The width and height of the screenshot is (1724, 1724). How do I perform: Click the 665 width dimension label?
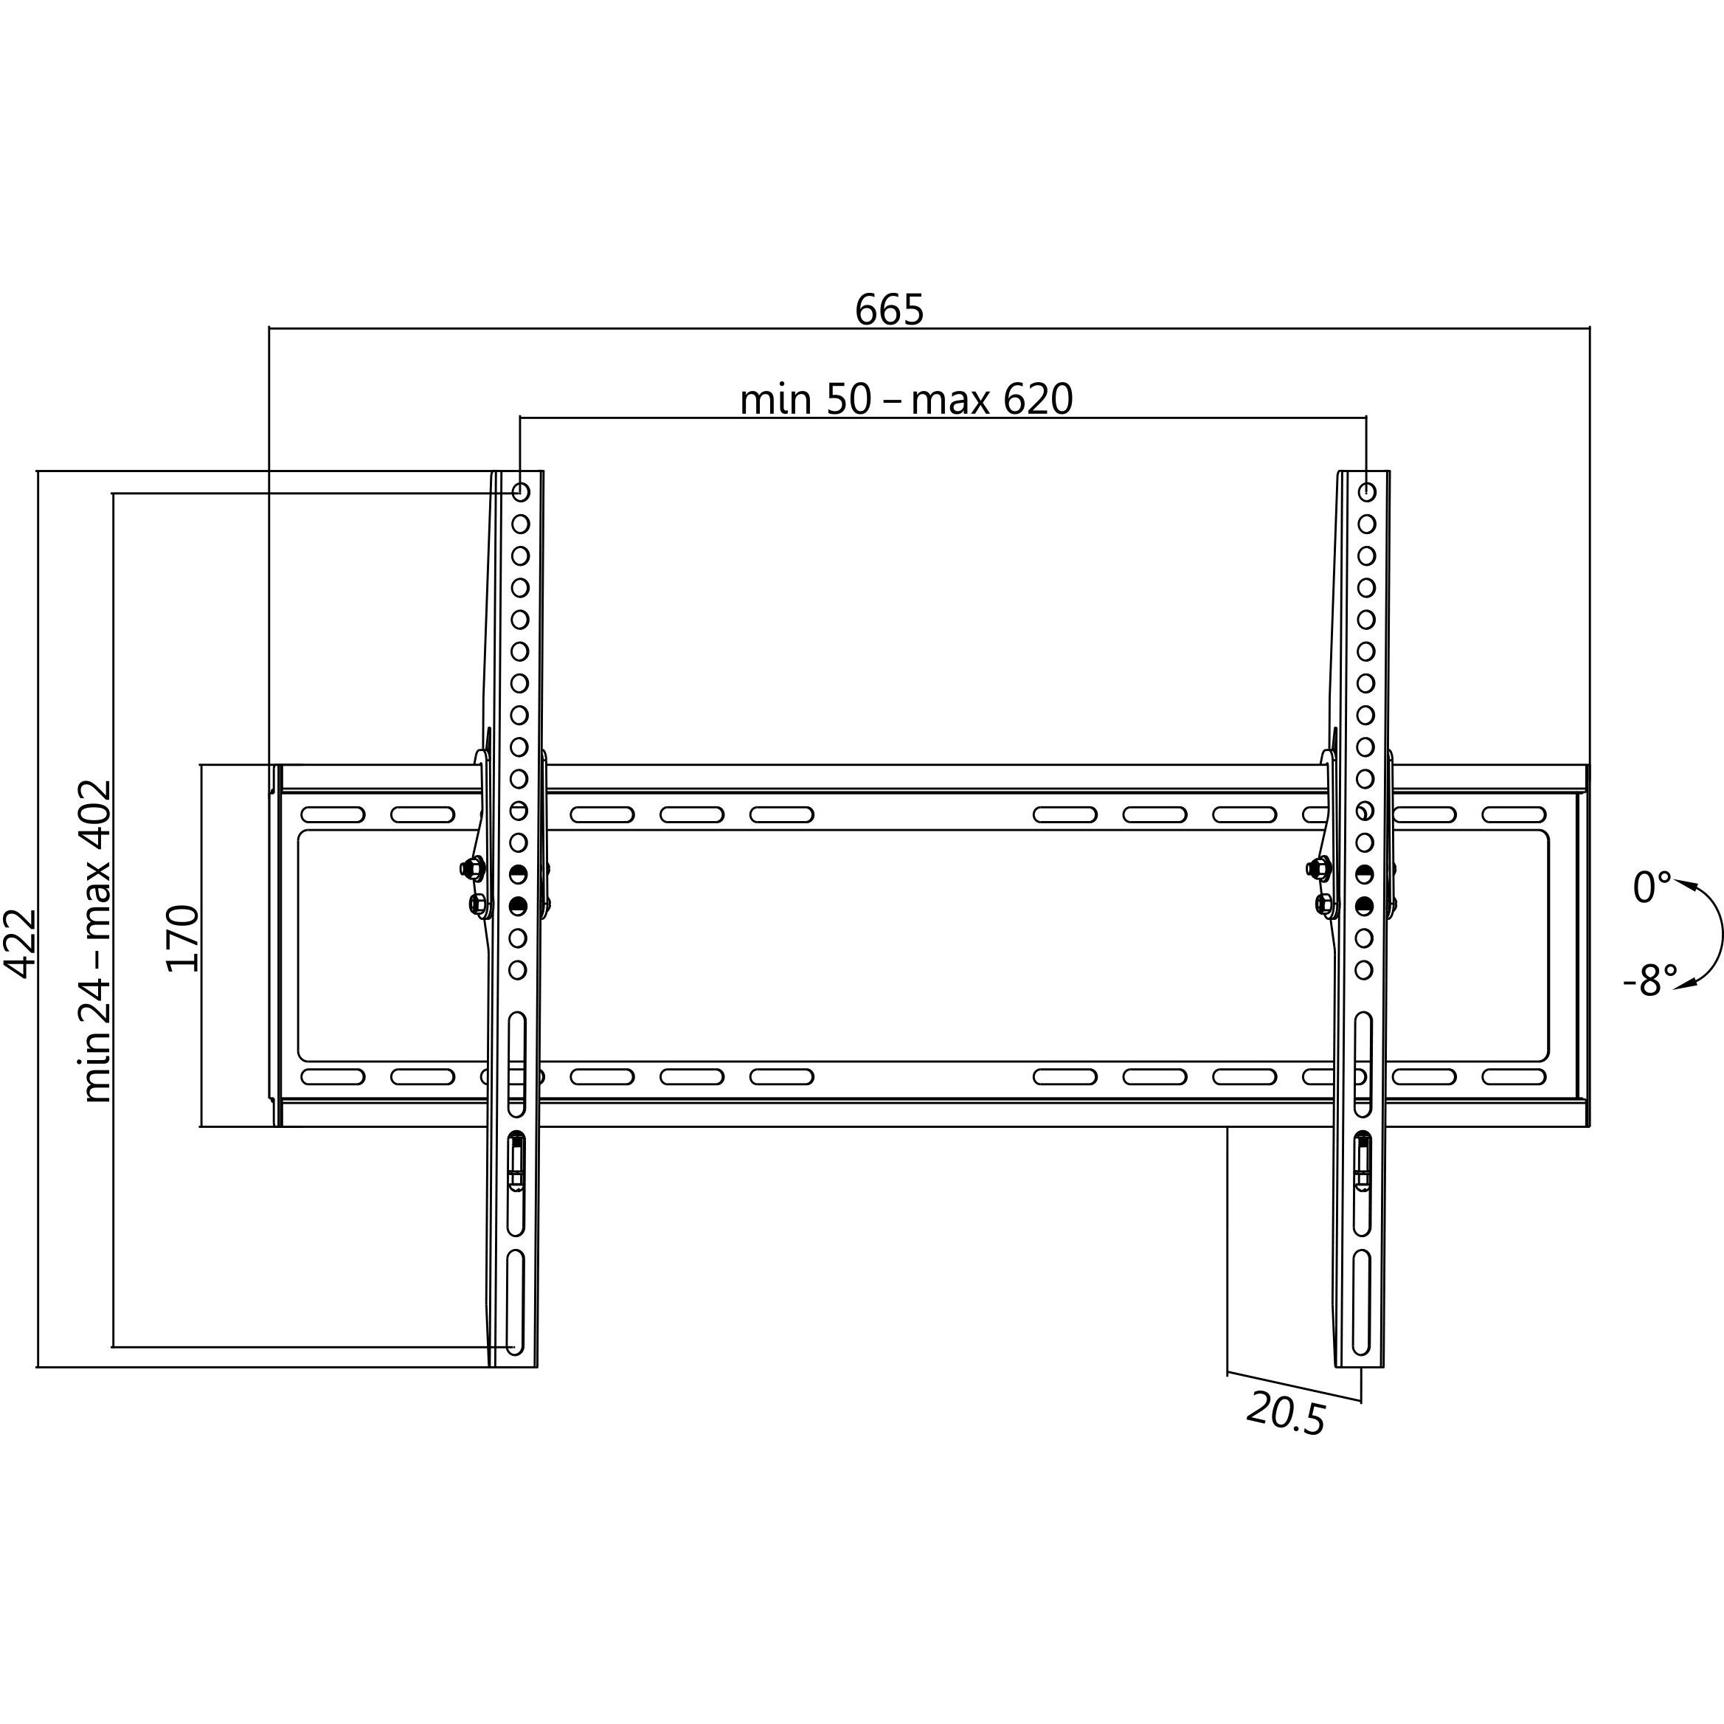(x=889, y=310)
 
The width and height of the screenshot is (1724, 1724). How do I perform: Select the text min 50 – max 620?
(x=906, y=399)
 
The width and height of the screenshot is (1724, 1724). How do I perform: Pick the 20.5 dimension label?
(x=1285, y=1413)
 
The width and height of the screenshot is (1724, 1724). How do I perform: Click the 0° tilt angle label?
(x=1652, y=888)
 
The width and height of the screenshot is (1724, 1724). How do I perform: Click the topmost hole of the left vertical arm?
(x=521, y=492)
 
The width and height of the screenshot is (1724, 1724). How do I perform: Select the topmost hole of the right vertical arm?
(x=1366, y=492)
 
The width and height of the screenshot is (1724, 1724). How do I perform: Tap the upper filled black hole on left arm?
(x=519, y=873)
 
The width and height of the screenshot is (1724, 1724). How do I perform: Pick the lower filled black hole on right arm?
(x=1363, y=906)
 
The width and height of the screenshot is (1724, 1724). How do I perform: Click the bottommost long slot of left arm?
(x=515, y=1315)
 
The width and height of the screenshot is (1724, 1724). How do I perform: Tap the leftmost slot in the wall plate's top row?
(x=333, y=814)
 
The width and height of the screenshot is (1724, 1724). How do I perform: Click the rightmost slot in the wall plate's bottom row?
(x=1514, y=1077)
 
